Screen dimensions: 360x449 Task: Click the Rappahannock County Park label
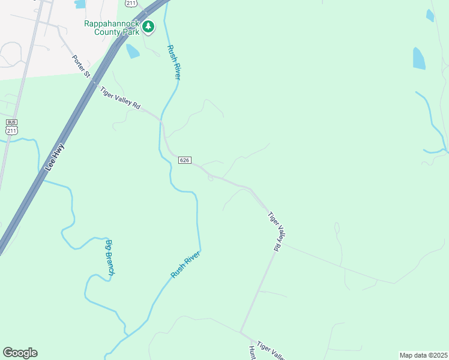[111, 28]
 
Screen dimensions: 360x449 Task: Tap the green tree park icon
[148, 27]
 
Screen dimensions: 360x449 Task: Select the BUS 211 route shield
[12, 127]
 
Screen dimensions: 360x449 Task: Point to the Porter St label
[81, 67]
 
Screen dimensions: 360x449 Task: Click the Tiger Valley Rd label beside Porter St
[120, 98]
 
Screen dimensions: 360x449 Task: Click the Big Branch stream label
[110, 257]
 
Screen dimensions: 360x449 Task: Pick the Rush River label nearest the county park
[174, 63]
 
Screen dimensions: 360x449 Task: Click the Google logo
[20, 353]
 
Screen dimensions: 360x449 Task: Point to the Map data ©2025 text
[423, 355]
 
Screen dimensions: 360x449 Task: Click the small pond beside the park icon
[132, 51]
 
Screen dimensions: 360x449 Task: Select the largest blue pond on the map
[419, 58]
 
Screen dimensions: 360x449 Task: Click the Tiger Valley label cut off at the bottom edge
[271, 351]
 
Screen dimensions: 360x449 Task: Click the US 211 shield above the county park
[130, 3]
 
